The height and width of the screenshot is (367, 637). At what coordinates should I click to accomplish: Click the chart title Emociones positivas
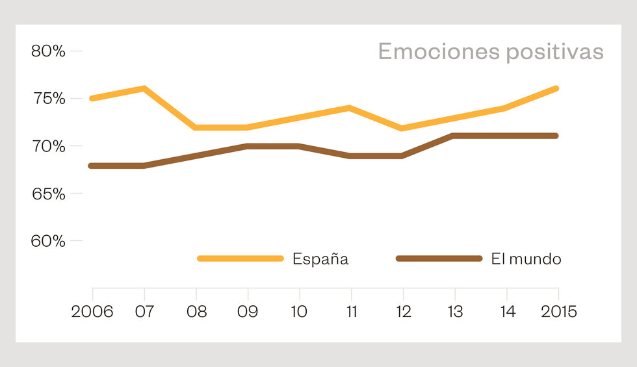coord(491,51)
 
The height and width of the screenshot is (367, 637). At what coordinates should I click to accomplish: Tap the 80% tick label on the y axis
coord(49,51)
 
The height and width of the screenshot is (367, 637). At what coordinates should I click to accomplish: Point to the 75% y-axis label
coord(49,99)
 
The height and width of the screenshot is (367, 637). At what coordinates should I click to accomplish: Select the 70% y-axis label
coord(49,146)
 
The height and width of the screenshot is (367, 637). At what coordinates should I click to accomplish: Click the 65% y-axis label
coord(49,194)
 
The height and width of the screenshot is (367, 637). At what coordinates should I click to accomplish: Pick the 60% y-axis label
coord(49,241)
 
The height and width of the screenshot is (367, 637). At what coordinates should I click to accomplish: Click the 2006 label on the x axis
coord(92,311)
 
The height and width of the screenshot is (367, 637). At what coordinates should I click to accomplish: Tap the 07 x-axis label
coord(144,311)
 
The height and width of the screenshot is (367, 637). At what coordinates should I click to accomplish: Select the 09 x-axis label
coord(248,311)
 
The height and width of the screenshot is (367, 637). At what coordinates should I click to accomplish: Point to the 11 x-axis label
coord(351,311)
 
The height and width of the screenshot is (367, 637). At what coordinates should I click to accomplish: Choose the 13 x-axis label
coord(455,311)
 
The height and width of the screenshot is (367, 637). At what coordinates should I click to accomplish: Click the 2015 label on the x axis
coord(558,311)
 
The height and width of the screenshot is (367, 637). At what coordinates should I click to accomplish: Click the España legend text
coord(320,259)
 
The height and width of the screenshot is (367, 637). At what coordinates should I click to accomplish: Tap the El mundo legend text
coord(526,259)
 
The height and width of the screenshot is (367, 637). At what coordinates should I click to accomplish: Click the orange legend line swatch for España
coord(240,259)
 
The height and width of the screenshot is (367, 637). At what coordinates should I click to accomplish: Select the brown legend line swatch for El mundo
coord(439,259)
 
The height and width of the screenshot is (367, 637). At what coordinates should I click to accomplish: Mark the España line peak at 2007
coord(144,88)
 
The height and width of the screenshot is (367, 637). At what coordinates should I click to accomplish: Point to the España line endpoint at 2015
coord(556,88)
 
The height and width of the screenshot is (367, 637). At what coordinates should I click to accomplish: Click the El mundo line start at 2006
coord(92,166)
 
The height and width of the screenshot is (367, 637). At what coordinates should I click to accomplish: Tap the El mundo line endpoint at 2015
coord(556,136)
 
